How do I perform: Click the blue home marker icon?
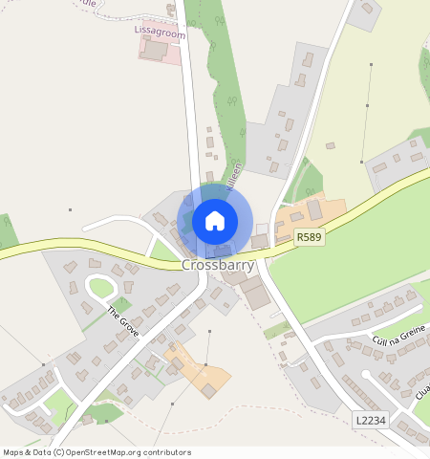[x=215, y=221]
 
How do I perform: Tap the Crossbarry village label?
[x=218, y=264]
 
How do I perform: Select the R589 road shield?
[x=308, y=236]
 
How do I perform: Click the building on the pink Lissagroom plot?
[x=153, y=50]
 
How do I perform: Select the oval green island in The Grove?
[x=101, y=287]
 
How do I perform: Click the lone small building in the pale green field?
[x=331, y=146]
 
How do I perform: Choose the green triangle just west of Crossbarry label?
[x=163, y=251]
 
